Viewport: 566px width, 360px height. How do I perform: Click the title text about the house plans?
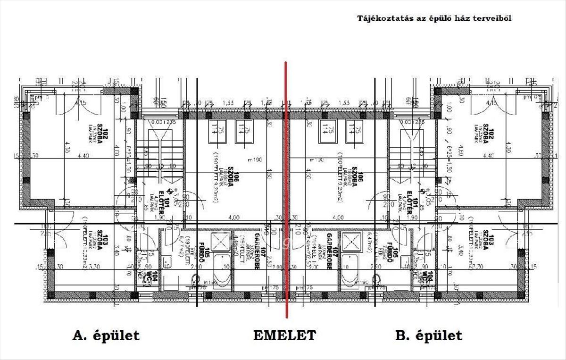tap(434, 18)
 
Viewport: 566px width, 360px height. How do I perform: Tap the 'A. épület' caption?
tap(106, 335)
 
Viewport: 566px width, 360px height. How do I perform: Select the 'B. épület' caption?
tap(428, 335)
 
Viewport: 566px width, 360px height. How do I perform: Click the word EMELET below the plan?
tap(284, 335)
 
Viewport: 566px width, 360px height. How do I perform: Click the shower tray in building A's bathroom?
tap(220, 242)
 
